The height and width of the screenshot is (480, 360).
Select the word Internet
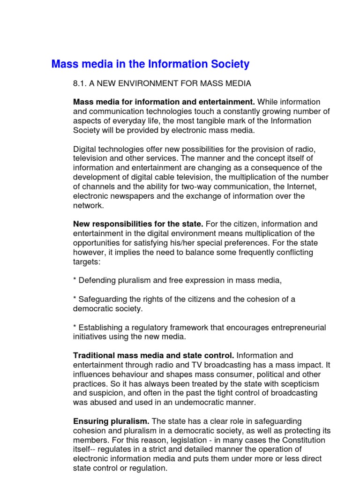[302, 186]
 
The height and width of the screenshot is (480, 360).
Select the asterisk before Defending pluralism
[75, 280]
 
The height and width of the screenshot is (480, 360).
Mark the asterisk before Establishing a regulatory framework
[75, 327]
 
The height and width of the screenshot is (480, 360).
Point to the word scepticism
[280, 383]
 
